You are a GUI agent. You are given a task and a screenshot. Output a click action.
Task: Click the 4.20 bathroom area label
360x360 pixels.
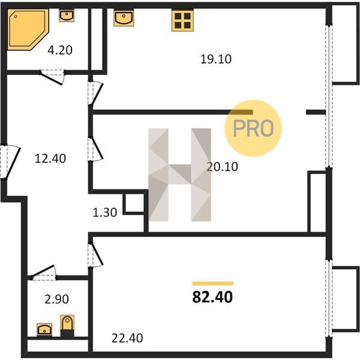(x=60, y=50)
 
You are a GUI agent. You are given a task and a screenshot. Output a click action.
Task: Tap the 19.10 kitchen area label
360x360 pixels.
(x=216, y=59)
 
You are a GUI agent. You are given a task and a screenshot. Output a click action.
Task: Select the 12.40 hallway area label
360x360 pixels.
(x=50, y=158)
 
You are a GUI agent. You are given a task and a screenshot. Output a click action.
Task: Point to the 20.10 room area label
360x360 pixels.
(x=222, y=167)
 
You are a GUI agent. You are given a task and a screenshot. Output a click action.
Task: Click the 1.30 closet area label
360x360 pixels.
(x=104, y=212)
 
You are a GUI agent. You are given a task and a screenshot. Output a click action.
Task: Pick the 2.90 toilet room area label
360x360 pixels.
(x=57, y=299)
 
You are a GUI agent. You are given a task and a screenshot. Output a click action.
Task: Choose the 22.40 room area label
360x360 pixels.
(x=127, y=338)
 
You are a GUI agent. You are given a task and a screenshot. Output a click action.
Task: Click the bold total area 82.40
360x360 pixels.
(x=212, y=297)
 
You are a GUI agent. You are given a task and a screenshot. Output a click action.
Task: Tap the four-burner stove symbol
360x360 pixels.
(x=182, y=20)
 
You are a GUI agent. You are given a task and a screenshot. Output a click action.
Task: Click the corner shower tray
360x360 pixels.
(x=28, y=29)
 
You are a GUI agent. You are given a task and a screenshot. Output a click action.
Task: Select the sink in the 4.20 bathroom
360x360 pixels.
(x=67, y=16)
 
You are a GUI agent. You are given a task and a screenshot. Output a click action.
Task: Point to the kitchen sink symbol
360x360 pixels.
(x=124, y=18)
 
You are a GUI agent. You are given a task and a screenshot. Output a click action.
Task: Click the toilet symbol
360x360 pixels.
(x=67, y=326)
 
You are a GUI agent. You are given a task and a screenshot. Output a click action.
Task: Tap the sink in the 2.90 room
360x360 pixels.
(x=44, y=329)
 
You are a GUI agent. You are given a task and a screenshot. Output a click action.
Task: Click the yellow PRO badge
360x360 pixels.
(x=253, y=128)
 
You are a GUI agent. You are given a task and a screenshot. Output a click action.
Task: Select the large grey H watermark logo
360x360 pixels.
(x=180, y=175)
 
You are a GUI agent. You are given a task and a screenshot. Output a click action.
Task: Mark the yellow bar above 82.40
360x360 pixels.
(x=212, y=283)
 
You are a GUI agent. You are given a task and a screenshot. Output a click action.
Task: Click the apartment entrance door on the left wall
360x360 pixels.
(x=10, y=162)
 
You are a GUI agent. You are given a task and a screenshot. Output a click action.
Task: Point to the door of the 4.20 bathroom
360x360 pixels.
(x=53, y=77)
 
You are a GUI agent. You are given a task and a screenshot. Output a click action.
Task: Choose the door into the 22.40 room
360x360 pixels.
(x=95, y=254)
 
